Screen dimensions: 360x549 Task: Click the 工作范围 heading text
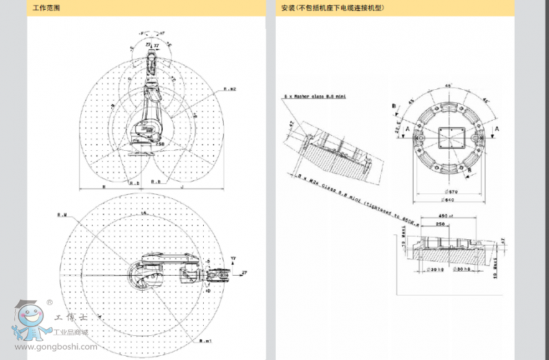(46, 8)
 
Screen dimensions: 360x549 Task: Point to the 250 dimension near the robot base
(160, 144)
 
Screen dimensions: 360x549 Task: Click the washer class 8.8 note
(315, 97)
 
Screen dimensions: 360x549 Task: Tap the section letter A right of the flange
(497, 128)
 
